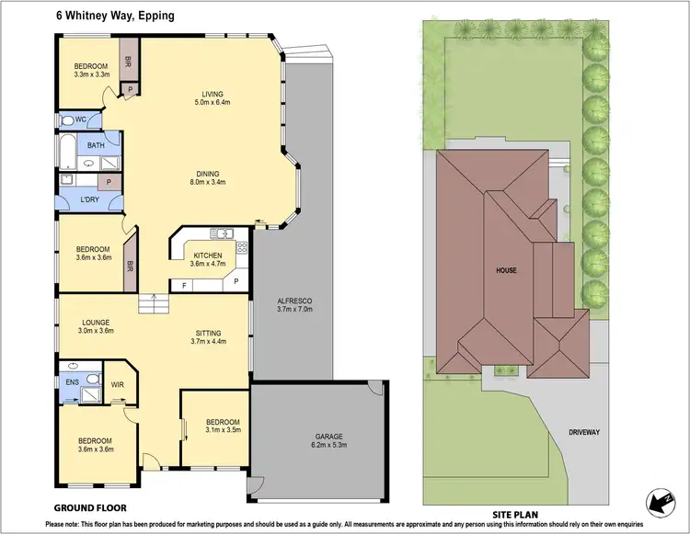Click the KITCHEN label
(x=207, y=256)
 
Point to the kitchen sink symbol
(x=221, y=233)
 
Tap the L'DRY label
(x=90, y=199)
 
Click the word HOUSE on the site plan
(x=505, y=270)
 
